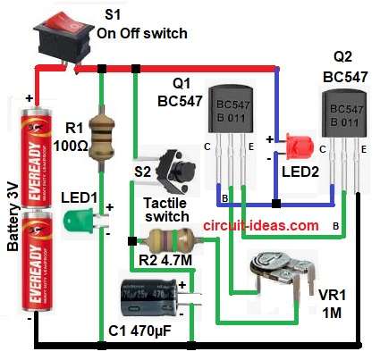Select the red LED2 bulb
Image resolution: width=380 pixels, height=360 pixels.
tap(294, 145)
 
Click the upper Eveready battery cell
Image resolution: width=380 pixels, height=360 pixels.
tap(42, 153)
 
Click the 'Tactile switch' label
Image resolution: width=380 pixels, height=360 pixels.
tap(166, 210)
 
